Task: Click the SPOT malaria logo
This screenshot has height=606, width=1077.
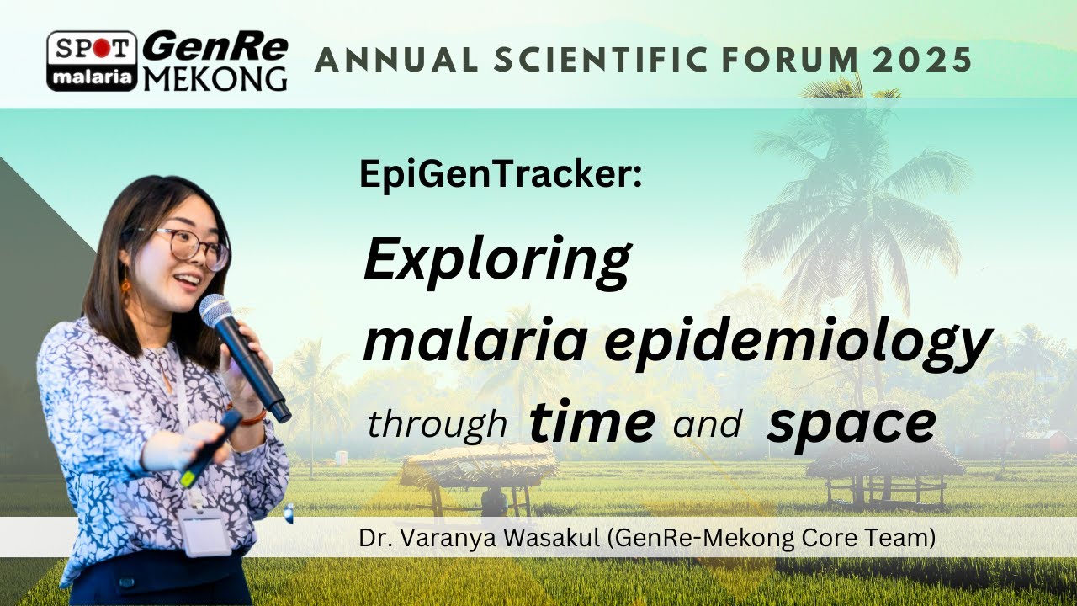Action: [x=92, y=61]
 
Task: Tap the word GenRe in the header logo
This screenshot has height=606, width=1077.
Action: [x=215, y=47]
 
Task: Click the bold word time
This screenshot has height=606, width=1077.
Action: [x=592, y=423]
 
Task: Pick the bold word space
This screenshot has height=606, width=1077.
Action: [x=851, y=423]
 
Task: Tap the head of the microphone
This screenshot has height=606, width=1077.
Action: [x=215, y=311]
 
